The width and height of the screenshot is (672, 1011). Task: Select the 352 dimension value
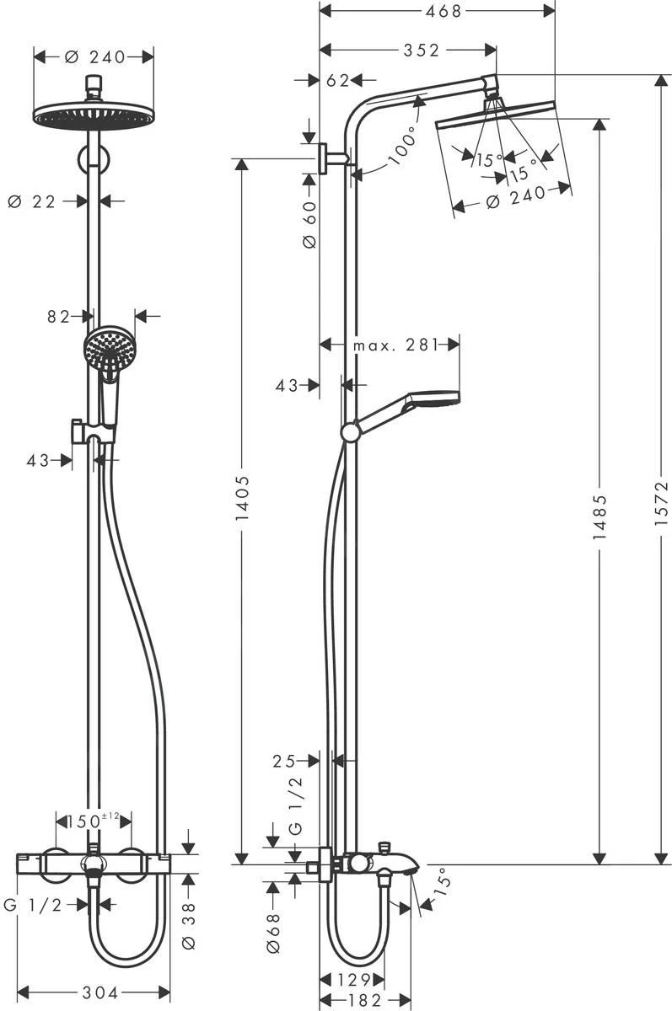[421, 51]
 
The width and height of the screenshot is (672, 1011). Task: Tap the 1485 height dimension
[599, 514]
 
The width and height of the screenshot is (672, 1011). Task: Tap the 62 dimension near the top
[337, 81]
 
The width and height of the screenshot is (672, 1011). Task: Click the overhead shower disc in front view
[94, 115]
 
